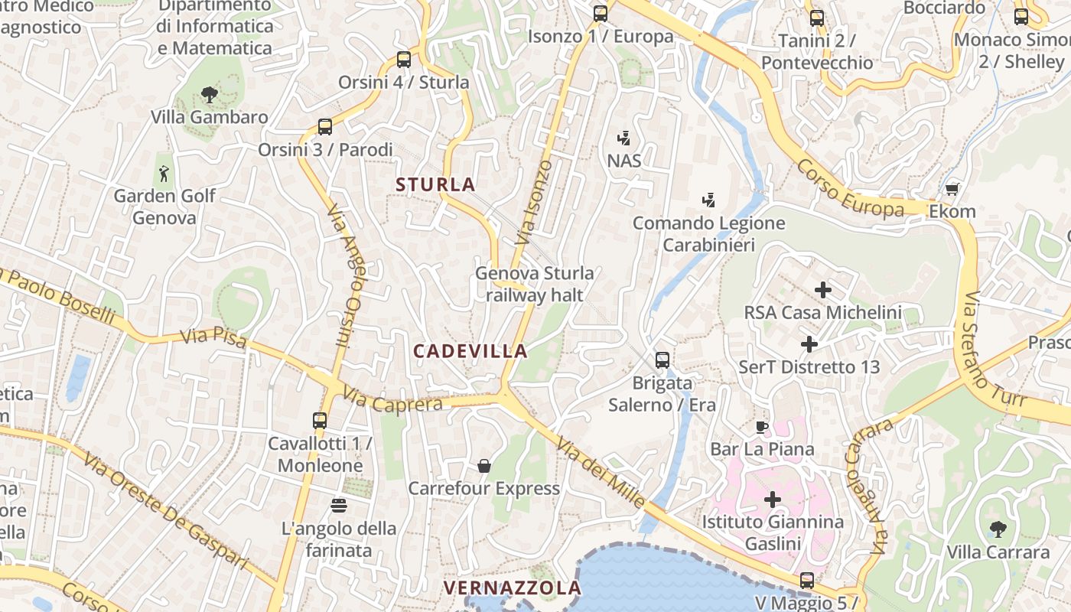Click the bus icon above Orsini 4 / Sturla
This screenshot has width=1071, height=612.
404,59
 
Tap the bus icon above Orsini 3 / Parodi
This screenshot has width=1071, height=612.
325,127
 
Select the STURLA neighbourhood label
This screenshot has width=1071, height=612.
435,184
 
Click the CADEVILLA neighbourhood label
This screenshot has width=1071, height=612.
470,351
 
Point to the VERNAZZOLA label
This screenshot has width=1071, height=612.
513,588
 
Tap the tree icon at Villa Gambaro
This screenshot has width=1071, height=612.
209,95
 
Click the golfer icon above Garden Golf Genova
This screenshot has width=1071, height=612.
164,174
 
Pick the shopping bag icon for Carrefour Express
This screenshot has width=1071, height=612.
483,465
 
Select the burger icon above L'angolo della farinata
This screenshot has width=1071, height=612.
339,505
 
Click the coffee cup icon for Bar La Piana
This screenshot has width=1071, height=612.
762,426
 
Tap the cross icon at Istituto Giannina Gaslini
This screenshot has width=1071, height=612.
773,500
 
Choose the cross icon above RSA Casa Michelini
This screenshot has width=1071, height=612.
823,290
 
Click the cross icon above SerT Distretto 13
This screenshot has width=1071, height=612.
809,344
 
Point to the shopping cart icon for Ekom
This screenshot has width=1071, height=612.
952,189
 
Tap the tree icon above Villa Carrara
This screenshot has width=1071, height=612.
998,529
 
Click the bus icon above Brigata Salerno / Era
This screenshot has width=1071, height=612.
662,360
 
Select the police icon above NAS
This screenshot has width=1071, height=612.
624,138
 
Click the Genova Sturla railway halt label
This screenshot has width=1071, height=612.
534,284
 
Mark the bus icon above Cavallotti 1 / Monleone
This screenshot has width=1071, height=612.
320,420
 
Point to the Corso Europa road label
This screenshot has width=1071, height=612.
849,190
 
